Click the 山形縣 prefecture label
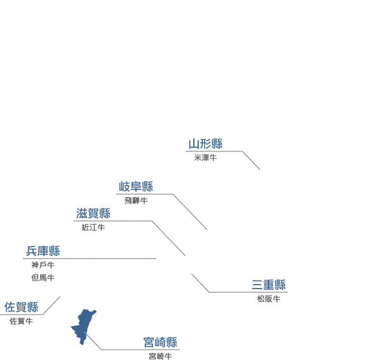coord(205,144)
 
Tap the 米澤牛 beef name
coord(205,158)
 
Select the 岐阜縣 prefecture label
coord(136,186)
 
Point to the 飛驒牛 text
coord(136,200)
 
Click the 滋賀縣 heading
coord(93,213)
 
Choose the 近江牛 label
coord(93,227)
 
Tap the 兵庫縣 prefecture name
coord(43,251)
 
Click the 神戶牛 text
coord(43,265)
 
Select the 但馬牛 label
coord(43,278)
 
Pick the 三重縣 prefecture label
coord(268,285)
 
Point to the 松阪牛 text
coord(268,299)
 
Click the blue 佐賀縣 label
coord(21,307)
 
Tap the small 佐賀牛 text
coord(21,321)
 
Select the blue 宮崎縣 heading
coord(160,342)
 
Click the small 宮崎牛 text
coord(160,356)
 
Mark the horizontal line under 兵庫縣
coord(90,259)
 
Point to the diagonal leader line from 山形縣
coord(251,160)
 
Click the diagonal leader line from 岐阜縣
coord(190,212)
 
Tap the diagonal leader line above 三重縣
coord(200,283)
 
